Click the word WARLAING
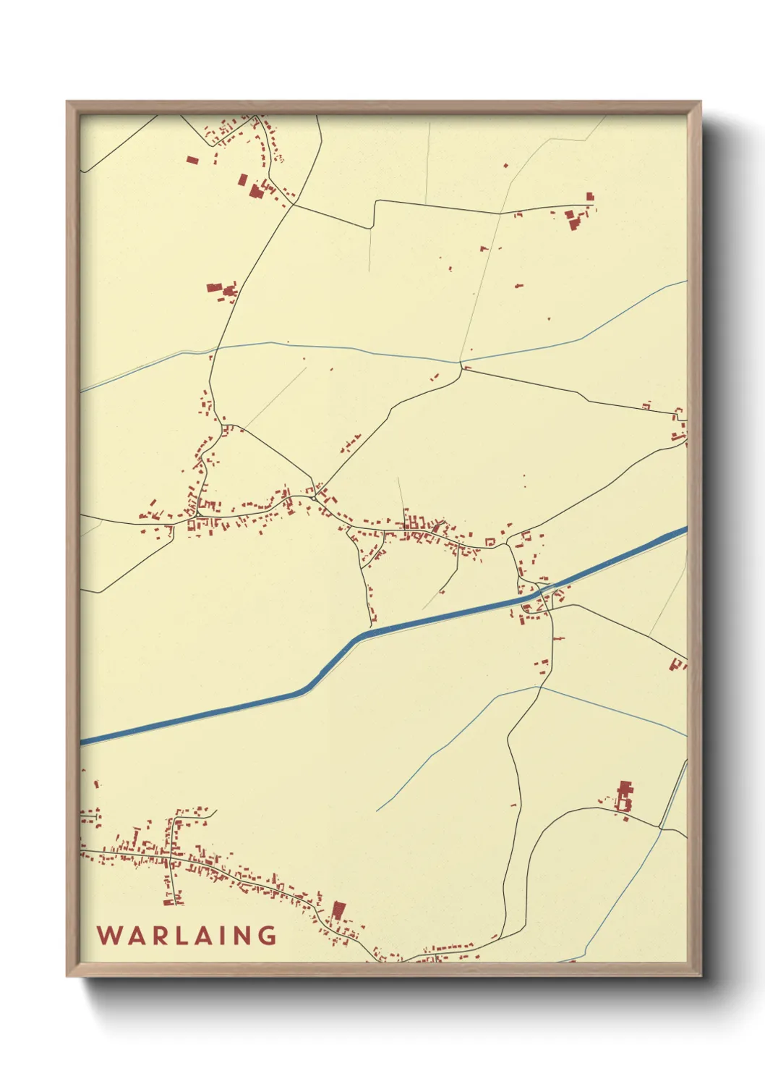coord(187,936)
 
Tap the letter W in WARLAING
coord(108,936)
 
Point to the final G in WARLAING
coord(267,936)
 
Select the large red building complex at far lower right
coord(624,797)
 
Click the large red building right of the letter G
coord(338,910)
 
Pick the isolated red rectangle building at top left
coord(192,160)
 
